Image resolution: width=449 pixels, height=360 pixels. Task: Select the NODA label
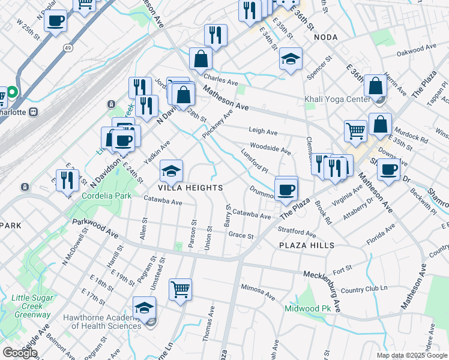pyautogui.click(x=325, y=37)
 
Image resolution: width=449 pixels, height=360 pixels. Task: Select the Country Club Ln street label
pyautogui.click(x=364, y=289)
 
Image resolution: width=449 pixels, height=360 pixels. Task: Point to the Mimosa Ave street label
pyautogui.click(x=258, y=292)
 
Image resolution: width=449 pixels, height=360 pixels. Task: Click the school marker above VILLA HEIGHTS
pyautogui.click(x=171, y=172)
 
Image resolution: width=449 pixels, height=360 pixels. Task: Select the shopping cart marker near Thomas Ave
pyautogui.click(x=180, y=290)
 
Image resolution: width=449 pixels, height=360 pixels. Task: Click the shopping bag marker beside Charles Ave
pyautogui.click(x=200, y=59)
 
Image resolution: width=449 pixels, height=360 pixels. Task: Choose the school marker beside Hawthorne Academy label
pyautogui.click(x=144, y=309)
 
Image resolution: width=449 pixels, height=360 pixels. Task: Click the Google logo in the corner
pyautogui.click(x=20, y=352)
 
